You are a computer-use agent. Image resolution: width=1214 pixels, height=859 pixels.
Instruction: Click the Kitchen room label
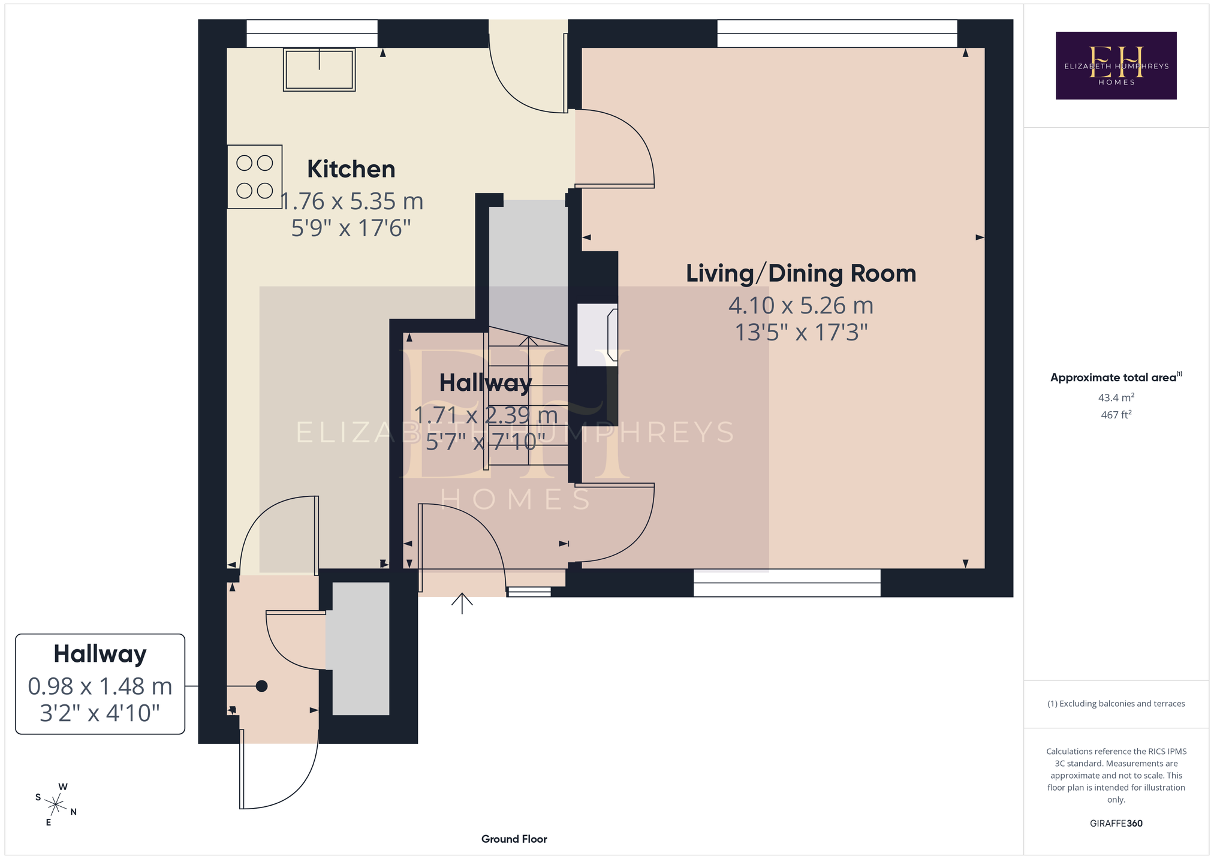click(x=351, y=170)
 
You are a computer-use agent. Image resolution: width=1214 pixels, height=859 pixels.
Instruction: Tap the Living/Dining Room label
click(x=801, y=273)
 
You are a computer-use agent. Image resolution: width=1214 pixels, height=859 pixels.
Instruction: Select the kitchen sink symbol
click(x=320, y=70)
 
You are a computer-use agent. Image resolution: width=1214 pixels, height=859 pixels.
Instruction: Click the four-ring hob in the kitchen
click(x=255, y=177)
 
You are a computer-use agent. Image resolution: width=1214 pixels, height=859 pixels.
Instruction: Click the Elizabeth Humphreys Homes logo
click(x=1116, y=65)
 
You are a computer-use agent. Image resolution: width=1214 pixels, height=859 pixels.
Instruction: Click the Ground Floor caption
click(x=514, y=839)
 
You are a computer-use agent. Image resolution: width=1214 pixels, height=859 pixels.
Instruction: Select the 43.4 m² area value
click(x=1116, y=397)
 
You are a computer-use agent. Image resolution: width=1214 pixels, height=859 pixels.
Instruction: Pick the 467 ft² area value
click(x=1116, y=414)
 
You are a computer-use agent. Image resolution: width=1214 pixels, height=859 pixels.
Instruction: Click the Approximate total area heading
click(x=1116, y=377)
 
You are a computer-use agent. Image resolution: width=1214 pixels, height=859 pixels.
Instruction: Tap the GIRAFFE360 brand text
click(x=1116, y=824)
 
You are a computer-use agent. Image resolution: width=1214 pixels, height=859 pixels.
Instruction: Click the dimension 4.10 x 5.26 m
click(x=801, y=306)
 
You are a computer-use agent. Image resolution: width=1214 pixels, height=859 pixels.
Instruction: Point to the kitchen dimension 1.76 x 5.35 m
click(x=352, y=201)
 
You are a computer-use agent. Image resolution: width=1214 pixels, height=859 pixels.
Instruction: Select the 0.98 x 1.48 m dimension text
click(x=100, y=686)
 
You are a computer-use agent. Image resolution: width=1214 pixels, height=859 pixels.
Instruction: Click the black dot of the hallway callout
click(x=261, y=686)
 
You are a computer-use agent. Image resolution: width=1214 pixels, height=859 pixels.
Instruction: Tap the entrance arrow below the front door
click(x=462, y=604)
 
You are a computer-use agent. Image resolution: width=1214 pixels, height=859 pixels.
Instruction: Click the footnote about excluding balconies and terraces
click(x=1116, y=704)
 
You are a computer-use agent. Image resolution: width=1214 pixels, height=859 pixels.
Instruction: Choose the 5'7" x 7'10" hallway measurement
click(x=486, y=442)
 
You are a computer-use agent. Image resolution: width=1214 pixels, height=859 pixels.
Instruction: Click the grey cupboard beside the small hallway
click(x=361, y=649)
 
